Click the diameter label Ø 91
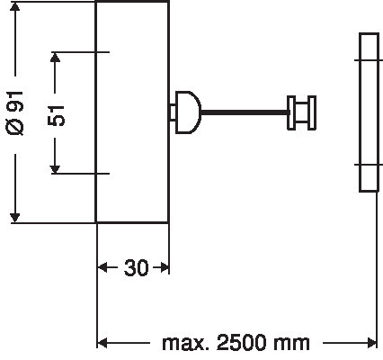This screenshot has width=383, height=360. [x=15, y=113]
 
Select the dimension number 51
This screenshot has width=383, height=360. [x=56, y=116]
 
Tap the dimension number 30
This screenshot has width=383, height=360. [x=137, y=268]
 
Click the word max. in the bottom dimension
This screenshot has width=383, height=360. [x=185, y=343]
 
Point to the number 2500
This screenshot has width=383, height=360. [x=241, y=343]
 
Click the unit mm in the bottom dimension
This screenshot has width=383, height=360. [x=291, y=344]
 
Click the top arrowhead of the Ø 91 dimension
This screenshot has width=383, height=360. [x=14, y=6]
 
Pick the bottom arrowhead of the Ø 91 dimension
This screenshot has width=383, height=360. [x=14, y=218]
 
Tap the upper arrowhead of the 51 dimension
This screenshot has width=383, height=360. [x=55, y=58]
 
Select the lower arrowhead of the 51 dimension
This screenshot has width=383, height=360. [x=55, y=169]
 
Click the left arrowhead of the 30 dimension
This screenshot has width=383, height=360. [x=102, y=267]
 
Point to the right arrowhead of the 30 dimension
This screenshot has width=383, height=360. [x=165, y=267]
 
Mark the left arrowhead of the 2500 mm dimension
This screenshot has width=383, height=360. [x=102, y=343]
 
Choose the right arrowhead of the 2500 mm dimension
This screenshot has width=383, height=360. [x=371, y=343]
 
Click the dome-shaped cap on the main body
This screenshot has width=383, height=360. [x=188, y=112]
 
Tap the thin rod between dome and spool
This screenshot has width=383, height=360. [x=245, y=112]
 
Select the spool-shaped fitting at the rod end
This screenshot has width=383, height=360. [x=301, y=112]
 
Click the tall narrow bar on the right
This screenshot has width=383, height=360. [x=369, y=112]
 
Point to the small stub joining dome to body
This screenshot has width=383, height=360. [x=173, y=112]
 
